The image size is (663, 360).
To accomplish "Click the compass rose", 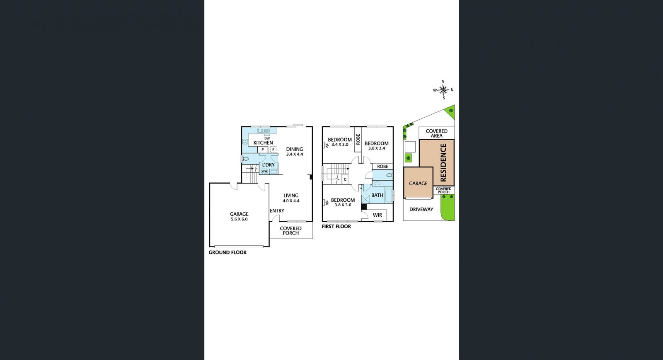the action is (x=443, y=89).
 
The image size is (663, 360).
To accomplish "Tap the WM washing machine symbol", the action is (x=264, y=172).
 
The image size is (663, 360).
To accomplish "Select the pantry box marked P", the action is (x=263, y=150).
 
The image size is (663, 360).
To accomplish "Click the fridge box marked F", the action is (x=273, y=150).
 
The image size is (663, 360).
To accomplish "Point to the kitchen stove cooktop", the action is (x=245, y=142).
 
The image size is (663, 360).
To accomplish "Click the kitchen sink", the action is (x=264, y=131).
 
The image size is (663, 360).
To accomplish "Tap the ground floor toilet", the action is (x=245, y=159).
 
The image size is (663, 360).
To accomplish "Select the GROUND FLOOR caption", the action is (x=227, y=252).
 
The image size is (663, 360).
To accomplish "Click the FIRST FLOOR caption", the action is (x=336, y=227).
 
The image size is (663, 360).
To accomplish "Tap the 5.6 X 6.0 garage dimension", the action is (x=239, y=219).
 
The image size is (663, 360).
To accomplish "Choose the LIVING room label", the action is (x=291, y=196).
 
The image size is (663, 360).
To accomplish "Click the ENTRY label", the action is (x=277, y=210).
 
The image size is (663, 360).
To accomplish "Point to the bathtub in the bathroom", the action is (x=389, y=195).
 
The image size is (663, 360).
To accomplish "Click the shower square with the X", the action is (x=365, y=199).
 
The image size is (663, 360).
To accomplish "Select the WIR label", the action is (x=377, y=215).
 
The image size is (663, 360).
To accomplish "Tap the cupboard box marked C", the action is (x=345, y=179).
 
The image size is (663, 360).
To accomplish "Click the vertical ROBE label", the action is (x=358, y=139).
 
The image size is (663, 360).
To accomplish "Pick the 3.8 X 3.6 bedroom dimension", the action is (x=343, y=205).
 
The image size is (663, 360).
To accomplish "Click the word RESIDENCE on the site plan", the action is (x=443, y=162).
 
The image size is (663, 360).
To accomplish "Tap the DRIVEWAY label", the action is (x=421, y=210).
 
